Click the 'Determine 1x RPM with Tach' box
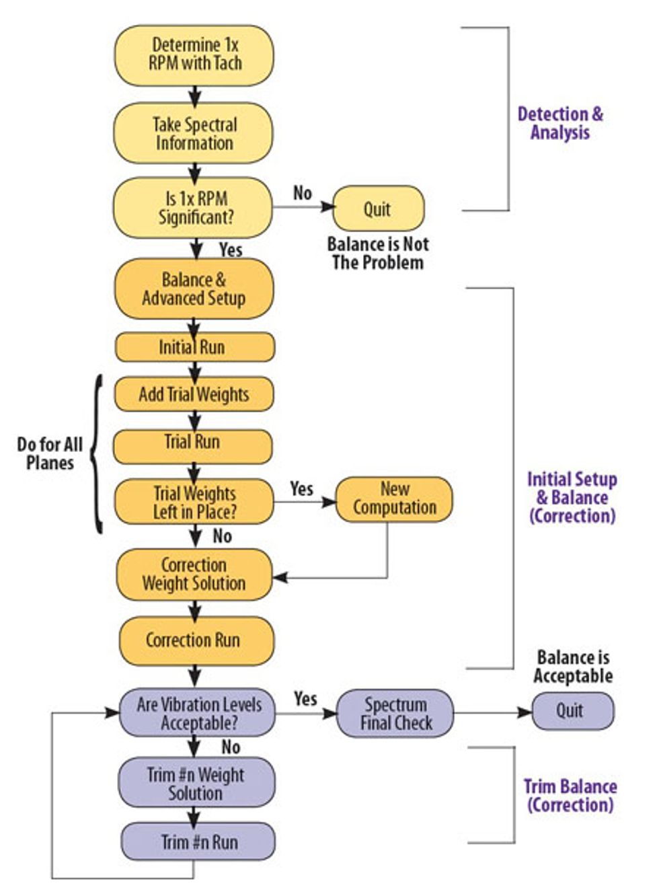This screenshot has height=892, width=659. click(194, 55)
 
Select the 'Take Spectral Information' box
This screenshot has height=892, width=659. click(194, 133)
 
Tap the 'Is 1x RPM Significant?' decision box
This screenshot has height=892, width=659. click(194, 208)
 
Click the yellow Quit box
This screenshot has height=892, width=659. click(378, 209)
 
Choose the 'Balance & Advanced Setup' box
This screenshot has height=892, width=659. click(194, 289)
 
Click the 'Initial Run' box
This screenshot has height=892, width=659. click(194, 347)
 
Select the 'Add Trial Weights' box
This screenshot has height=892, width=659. click(194, 394)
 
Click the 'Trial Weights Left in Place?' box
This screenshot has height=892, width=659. click(194, 502)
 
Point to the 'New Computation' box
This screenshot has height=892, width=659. click(394, 498)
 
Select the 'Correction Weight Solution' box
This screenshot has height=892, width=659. click(194, 574)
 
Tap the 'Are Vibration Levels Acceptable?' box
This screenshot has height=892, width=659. click(198, 713)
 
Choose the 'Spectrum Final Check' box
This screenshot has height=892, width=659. click(395, 713)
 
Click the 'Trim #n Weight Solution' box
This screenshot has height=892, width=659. click(196, 783)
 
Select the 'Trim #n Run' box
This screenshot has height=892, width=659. click(198, 842)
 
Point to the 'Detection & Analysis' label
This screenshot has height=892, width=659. click(559, 123)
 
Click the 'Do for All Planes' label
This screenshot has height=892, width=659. click(50, 453)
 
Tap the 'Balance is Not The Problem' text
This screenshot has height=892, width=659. click(377, 253)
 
